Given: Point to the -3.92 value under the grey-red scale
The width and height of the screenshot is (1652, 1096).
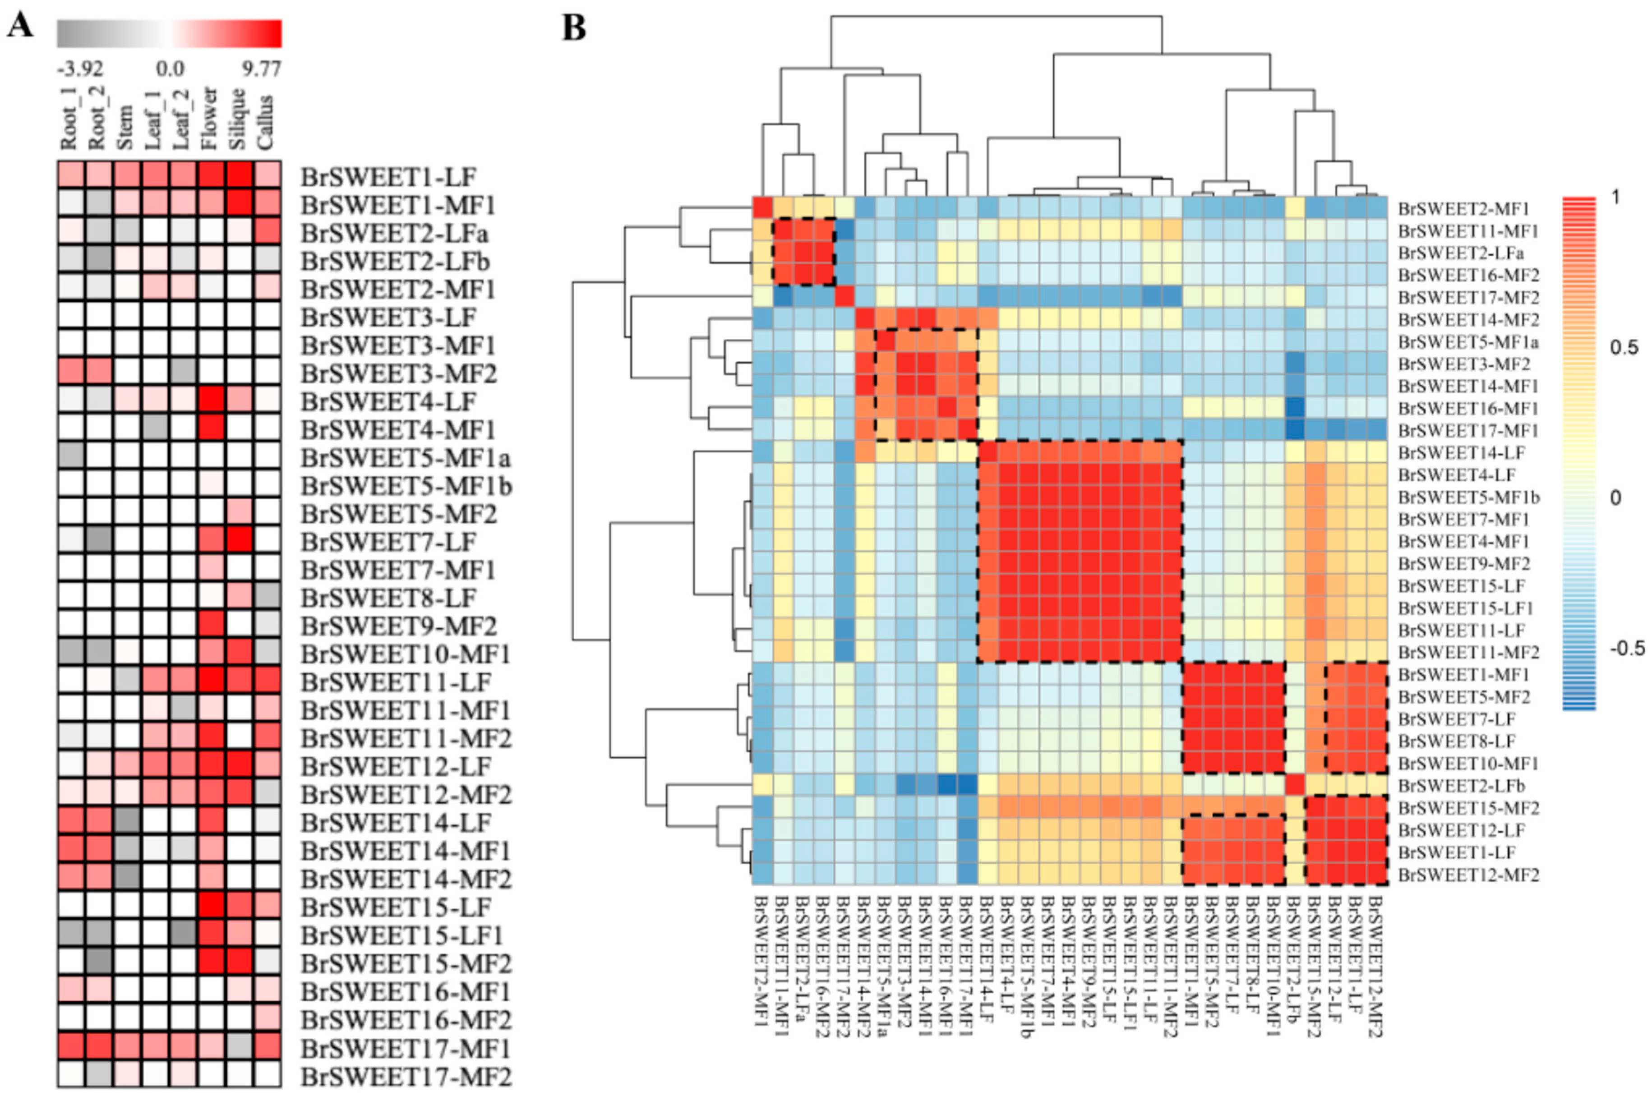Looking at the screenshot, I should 80,69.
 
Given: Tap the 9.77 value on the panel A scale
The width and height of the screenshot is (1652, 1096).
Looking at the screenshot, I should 261,69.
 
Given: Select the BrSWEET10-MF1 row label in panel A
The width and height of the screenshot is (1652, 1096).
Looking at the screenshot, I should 406,654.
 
